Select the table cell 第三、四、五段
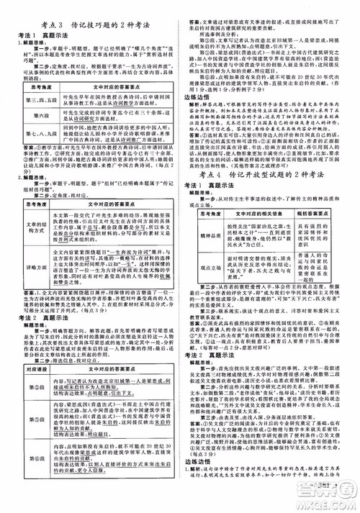coord(30,103)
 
